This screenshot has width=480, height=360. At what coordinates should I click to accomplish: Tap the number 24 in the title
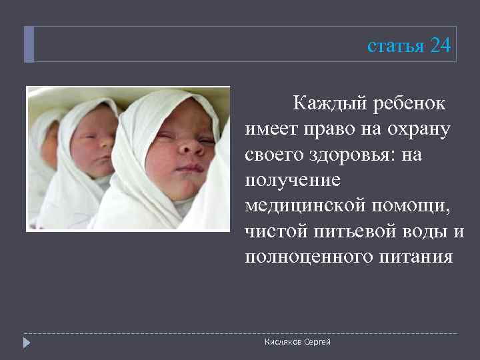pyautogui.click(x=440, y=45)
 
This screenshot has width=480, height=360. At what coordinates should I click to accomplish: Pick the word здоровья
pyautogui.click(x=348, y=155)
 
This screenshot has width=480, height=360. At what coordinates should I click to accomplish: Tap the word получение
pyautogui.click(x=293, y=180)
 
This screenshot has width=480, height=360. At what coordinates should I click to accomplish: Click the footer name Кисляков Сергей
pyautogui.click(x=297, y=342)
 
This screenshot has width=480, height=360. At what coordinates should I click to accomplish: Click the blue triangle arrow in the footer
pyautogui.click(x=27, y=343)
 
